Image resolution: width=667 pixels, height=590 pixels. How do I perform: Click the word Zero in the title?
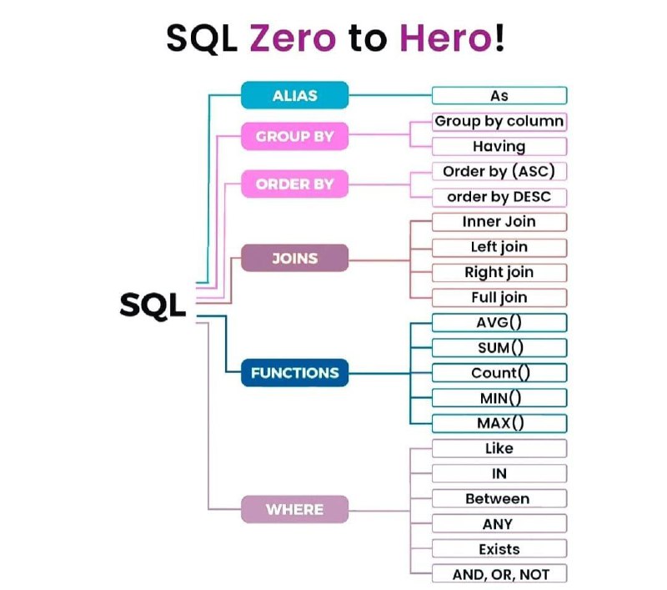click(x=293, y=38)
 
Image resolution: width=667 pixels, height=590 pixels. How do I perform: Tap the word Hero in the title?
click(x=445, y=38)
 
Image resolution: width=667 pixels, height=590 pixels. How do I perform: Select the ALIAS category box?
click(x=295, y=95)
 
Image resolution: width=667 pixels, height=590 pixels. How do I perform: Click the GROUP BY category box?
click(x=295, y=136)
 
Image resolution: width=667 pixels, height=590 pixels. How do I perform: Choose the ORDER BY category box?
click(x=295, y=184)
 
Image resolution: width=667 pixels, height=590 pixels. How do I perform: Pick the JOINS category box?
click(x=295, y=258)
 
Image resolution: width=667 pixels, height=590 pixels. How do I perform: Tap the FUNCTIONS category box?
click(x=295, y=373)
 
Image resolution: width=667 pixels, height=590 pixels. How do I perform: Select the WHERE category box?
click(x=295, y=509)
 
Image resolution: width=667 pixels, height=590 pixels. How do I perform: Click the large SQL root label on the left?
click(x=153, y=305)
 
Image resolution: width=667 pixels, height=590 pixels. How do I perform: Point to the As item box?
click(x=499, y=95)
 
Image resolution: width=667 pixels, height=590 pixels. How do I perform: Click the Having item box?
click(x=499, y=146)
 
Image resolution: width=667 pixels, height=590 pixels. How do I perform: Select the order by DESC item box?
click(x=499, y=197)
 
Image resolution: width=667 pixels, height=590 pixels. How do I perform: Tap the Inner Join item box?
click(x=499, y=222)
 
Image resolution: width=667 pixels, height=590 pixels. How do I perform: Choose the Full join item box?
click(x=499, y=298)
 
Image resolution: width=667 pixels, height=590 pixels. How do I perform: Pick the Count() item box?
click(x=499, y=373)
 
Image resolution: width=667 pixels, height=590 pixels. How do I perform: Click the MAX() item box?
click(x=499, y=424)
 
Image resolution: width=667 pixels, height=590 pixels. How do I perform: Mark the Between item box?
click(x=499, y=498)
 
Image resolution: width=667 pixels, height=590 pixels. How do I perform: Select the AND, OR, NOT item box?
click(x=499, y=574)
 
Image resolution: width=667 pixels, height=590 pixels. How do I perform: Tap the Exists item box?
click(x=499, y=549)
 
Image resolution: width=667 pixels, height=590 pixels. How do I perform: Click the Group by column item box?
click(x=499, y=122)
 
